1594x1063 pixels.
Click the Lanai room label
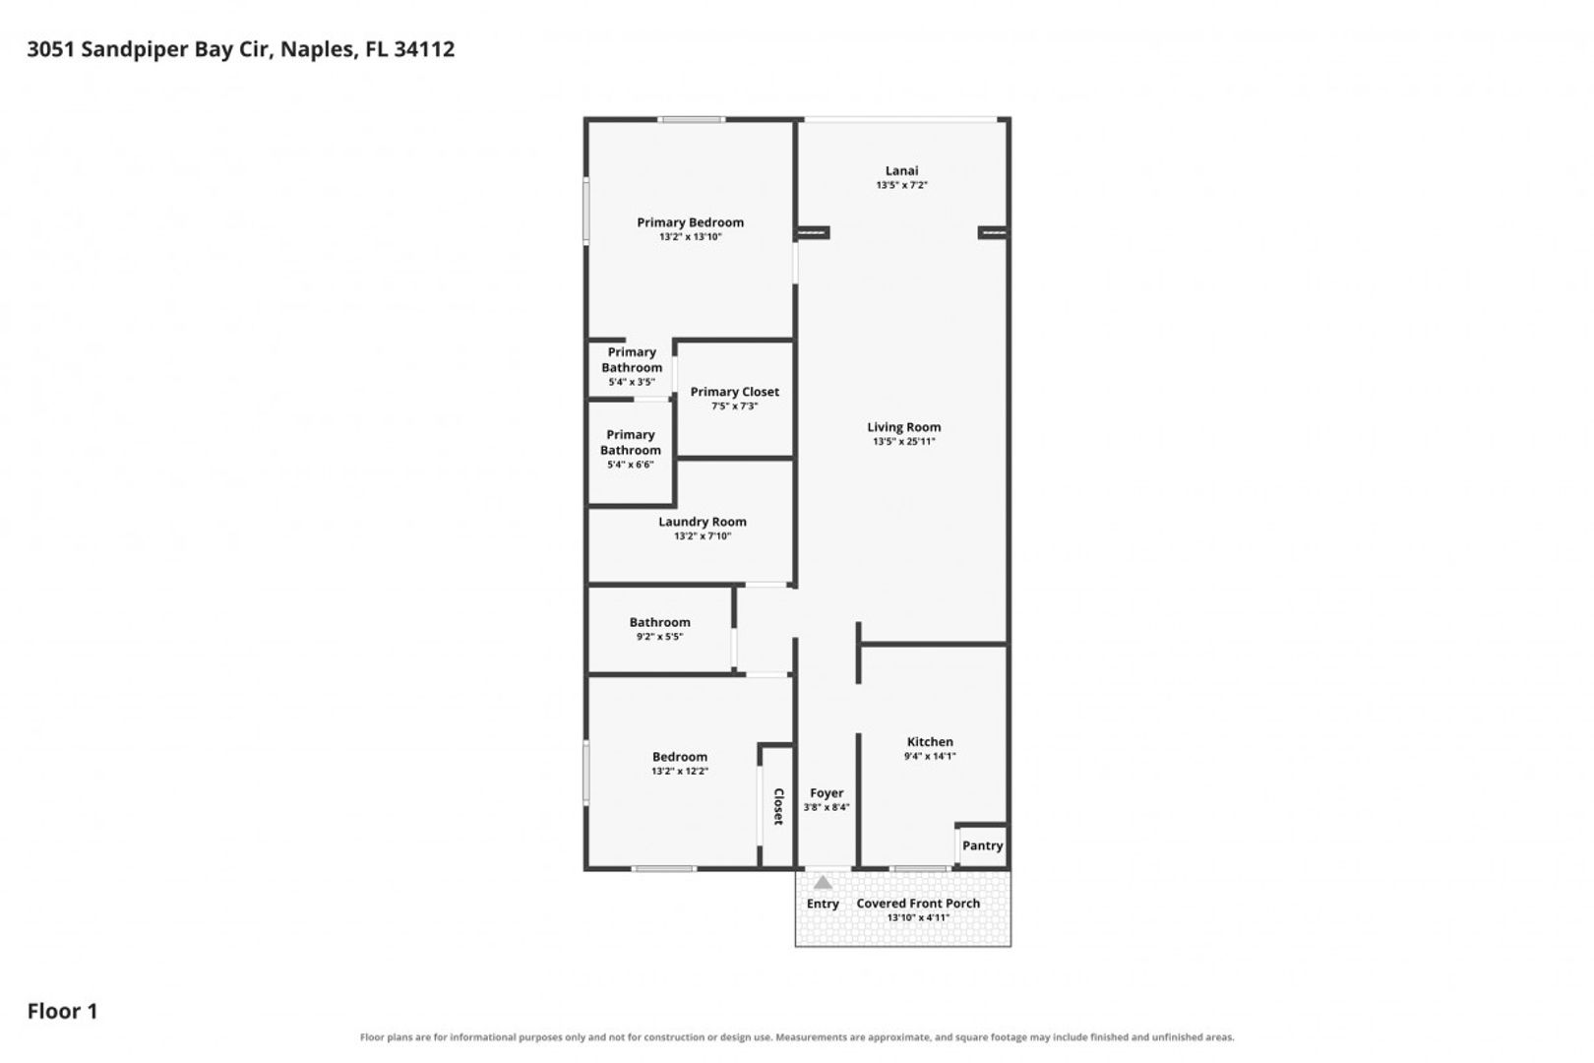point(901,171)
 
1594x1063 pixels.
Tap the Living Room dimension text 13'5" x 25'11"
point(903,441)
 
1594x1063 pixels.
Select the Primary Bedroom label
point(691,222)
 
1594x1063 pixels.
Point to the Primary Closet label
point(734,393)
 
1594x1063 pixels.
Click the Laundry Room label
point(703,522)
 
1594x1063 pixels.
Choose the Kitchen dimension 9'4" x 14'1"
point(930,756)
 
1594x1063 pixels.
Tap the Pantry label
point(982,845)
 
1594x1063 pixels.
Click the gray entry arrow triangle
point(823,883)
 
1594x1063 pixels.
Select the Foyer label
point(827,793)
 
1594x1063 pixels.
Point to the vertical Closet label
point(778,807)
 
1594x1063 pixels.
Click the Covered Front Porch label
point(918,904)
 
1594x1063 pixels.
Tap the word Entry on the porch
point(823,905)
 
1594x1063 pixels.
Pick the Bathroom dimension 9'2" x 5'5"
point(659,637)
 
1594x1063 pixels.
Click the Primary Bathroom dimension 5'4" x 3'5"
point(631,382)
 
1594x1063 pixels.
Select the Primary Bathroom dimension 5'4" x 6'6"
point(631,465)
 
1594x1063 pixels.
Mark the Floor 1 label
point(63,1011)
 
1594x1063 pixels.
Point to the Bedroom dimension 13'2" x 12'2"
point(680,771)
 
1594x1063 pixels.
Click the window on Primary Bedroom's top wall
point(691,120)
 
